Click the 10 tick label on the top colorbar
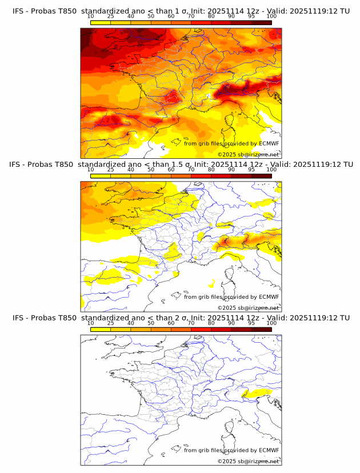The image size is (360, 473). click(x=90, y=16)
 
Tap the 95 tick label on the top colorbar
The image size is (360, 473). click(x=251, y=16)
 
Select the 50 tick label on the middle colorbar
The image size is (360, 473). click(x=151, y=169)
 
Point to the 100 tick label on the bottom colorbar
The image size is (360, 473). click(x=271, y=323)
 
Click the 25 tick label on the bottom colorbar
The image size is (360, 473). click(x=110, y=323)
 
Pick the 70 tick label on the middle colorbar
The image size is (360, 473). click(x=191, y=169)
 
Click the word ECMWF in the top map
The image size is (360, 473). click(x=269, y=143)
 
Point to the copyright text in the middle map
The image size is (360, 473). click(x=248, y=307)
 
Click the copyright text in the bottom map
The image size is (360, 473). click(x=248, y=461)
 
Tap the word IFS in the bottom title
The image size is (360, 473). click(x=18, y=318)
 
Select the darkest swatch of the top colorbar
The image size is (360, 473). click(x=261, y=23)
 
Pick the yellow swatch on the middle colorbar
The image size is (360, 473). click(x=100, y=176)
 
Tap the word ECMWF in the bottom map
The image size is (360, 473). click(x=269, y=450)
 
